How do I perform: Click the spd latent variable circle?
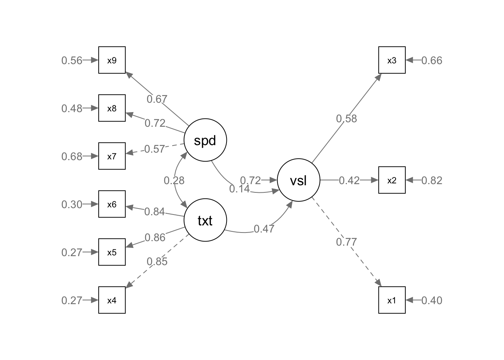pyautogui.click(x=205, y=140)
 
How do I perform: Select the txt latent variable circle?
pyautogui.click(x=205, y=220)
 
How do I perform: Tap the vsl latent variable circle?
pyautogui.click(x=298, y=180)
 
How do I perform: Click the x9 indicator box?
pyautogui.click(x=112, y=60)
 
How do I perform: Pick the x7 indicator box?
pyautogui.click(x=112, y=156)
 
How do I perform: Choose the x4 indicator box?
pyautogui.click(x=112, y=300)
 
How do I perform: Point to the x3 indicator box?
pyautogui.click(x=391, y=60)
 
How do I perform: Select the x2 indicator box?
pyautogui.click(x=391, y=180)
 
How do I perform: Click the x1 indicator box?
pyautogui.click(x=391, y=300)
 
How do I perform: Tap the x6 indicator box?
pyautogui.click(x=112, y=204)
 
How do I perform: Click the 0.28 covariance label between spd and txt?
pyautogui.click(x=174, y=181)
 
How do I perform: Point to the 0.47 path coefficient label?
pyautogui.click(x=264, y=229)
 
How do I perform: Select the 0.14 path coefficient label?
pyautogui.click(x=240, y=189)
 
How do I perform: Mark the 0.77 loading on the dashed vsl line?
pyautogui.click(x=346, y=242)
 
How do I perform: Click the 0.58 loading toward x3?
pyautogui.click(x=346, y=119)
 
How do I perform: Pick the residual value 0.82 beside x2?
pyautogui.click(x=432, y=180)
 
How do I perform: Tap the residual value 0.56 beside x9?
pyautogui.click(x=72, y=60)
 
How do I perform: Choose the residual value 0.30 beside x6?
pyautogui.click(x=72, y=204)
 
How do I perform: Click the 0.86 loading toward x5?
pyautogui.click(x=155, y=237)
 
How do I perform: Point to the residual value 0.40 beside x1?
pyautogui.click(x=432, y=300)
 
